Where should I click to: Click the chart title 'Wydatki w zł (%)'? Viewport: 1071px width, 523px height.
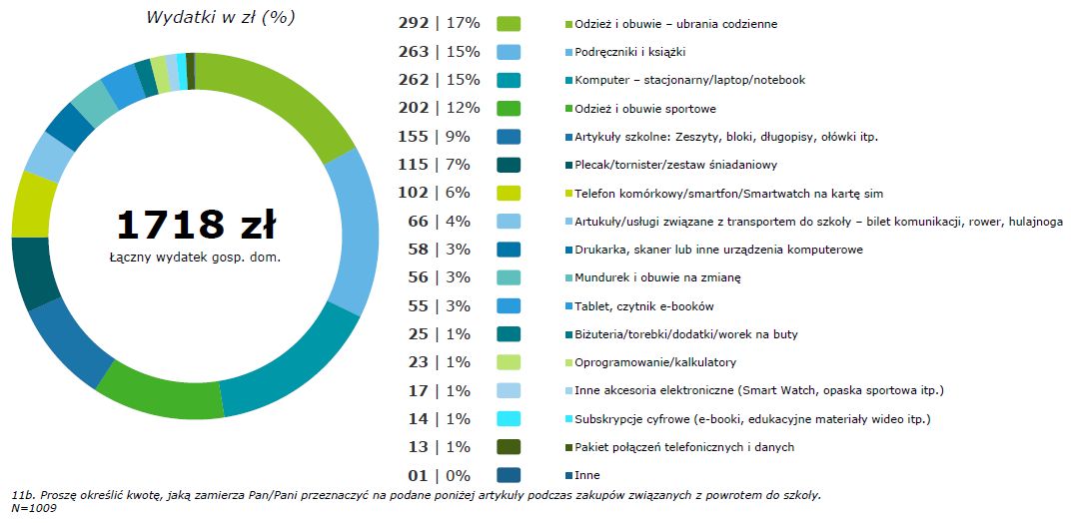coord(221,17)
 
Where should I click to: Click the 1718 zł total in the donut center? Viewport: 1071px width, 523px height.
coord(196,226)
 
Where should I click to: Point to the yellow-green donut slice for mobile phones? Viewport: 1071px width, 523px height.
coord(32,203)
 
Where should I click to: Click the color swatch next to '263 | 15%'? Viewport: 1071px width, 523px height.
coord(509,51)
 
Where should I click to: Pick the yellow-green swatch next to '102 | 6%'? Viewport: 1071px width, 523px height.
coord(509,193)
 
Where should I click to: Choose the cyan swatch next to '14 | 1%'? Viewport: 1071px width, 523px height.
coord(509,418)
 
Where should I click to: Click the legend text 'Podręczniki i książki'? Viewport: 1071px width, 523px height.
coord(628,52)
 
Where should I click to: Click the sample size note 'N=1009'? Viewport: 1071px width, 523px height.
coord(35,509)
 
